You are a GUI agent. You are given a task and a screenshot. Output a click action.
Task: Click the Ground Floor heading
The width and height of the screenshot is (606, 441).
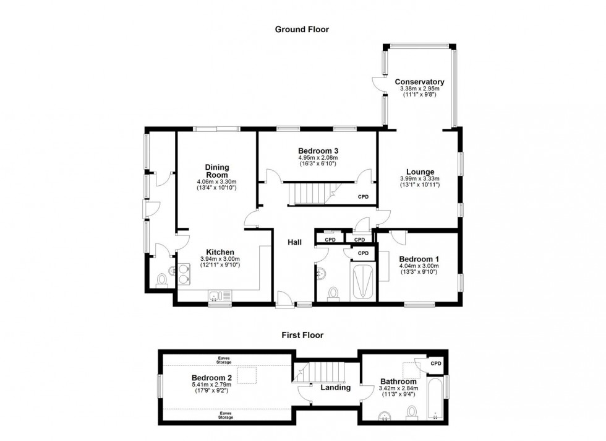302,29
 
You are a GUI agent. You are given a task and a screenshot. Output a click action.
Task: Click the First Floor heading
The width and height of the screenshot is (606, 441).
302,335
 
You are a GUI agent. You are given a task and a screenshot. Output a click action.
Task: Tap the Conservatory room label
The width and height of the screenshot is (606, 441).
419,82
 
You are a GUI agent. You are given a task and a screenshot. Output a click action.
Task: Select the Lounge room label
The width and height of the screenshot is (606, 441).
419,172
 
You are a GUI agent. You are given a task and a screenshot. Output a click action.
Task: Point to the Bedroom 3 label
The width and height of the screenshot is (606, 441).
318,151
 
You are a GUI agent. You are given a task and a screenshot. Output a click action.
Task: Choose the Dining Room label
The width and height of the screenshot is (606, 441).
217,171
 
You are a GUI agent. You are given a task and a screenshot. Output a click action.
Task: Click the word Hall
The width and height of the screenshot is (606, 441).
294,242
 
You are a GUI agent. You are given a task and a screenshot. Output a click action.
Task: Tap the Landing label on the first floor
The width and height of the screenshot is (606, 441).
335,388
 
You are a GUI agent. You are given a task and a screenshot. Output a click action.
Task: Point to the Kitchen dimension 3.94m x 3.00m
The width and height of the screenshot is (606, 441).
220,259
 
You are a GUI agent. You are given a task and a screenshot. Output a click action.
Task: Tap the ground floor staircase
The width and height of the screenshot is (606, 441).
311,194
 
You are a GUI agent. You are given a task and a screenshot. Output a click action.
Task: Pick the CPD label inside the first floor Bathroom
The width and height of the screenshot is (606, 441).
435,364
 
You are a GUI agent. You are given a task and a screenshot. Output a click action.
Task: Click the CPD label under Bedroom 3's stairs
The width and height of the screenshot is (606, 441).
363,197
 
